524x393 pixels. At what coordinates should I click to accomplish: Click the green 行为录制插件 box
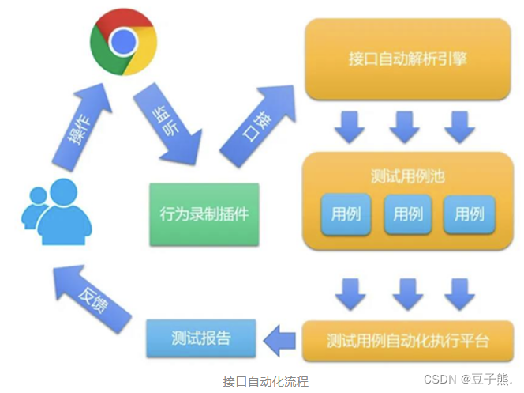point(204,213)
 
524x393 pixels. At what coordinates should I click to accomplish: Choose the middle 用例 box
point(408,214)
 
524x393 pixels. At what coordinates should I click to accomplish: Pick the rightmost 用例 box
point(469,214)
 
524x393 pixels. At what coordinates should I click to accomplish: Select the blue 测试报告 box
point(201,338)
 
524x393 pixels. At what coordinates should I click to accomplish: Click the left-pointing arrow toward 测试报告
point(278,341)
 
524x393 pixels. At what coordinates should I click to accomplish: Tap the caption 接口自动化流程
point(266,381)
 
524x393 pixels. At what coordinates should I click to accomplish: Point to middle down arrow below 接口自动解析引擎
point(405,126)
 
